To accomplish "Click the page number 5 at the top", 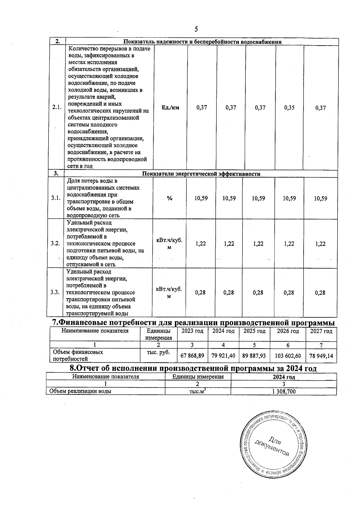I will [196, 29].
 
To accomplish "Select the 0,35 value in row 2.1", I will [289, 108].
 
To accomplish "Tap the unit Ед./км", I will [170, 108].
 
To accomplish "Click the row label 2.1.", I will [57, 108].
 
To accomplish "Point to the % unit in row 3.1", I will [170, 198].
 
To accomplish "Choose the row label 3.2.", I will [55, 243].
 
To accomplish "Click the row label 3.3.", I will [55, 292].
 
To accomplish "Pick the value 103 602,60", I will [287, 356].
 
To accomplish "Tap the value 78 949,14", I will [321, 356].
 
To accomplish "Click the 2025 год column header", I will [254, 331].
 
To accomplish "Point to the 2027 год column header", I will [321, 331].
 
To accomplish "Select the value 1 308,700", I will [283, 391].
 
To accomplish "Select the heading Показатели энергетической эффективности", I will [201, 174].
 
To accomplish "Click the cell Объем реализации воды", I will [80, 391].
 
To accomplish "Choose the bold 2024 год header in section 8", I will [283, 377].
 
